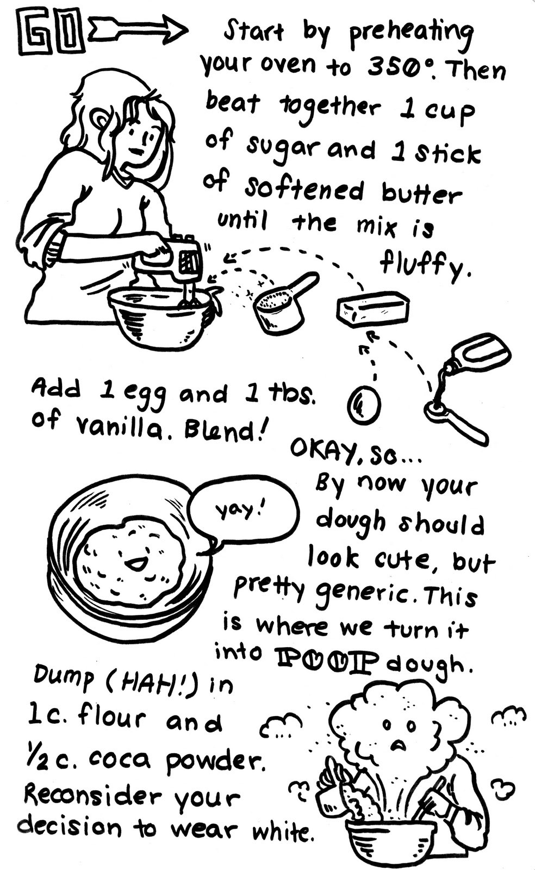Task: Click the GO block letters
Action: pos(51,34)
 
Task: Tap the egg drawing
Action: pos(364,405)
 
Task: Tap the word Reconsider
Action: pos(93,796)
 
